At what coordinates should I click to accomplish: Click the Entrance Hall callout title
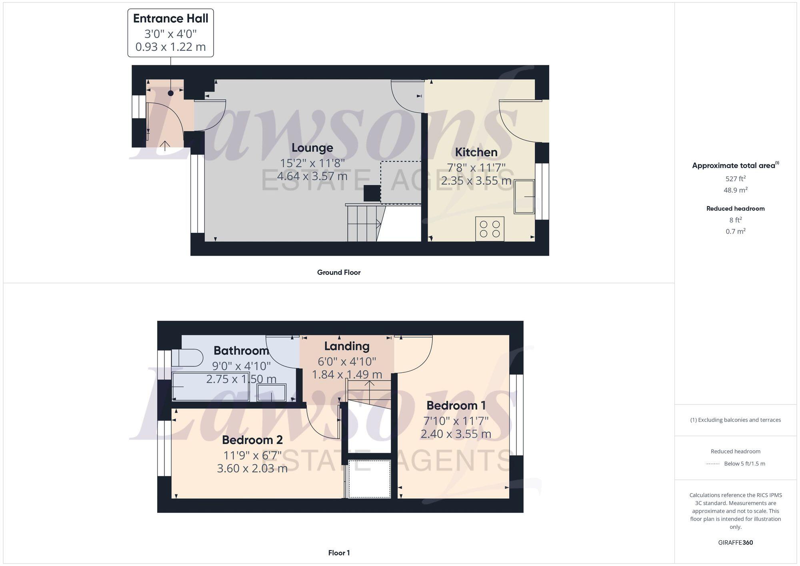pos(170,18)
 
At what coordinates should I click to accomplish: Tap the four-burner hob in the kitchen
pos(490,229)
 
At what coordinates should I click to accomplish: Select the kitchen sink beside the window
pos(524,197)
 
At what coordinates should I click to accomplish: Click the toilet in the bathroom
pos(187,358)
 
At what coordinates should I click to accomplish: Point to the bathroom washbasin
pos(272,392)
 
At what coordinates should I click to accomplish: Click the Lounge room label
pos(312,148)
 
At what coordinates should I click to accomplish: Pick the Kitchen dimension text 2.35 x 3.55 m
pos(476,181)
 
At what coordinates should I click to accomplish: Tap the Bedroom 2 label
pos(252,440)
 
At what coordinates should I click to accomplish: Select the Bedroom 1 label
pos(456,406)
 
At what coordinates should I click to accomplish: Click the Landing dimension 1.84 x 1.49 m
pos(346,374)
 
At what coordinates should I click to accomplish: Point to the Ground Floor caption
pos(338,272)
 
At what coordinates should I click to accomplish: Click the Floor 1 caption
pos(338,553)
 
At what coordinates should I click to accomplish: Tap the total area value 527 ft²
pos(735,179)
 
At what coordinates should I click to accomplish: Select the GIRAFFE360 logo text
pos(735,542)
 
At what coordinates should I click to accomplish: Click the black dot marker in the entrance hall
pos(171,93)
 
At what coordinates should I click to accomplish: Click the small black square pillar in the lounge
pos(372,194)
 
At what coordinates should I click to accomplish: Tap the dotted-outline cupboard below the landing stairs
pos(369,479)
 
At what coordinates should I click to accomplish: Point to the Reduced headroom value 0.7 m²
pos(735,231)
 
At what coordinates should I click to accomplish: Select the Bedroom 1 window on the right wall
pos(516,415)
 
